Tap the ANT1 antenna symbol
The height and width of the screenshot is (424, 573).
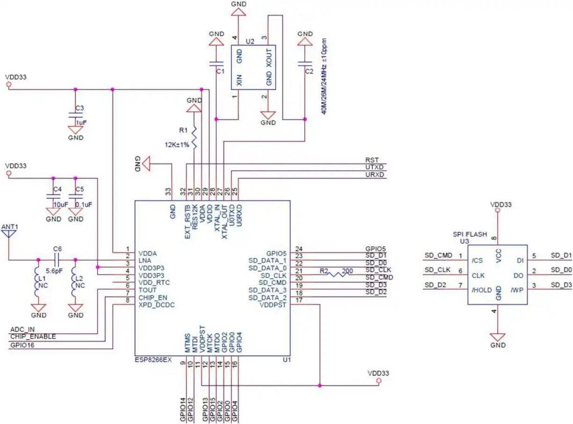coord(9,233)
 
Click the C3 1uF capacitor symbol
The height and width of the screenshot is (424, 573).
coord(75,115)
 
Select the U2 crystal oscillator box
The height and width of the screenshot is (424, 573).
coord(254,67)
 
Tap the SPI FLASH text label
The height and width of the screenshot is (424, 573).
coord(470,234)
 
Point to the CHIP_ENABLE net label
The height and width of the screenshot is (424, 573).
coord(33,336)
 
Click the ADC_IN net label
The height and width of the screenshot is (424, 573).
coord(23,329)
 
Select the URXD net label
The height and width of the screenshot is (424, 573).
coord(375,175)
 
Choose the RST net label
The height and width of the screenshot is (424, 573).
coord(372,160)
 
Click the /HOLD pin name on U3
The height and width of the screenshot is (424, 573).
coord(482,290)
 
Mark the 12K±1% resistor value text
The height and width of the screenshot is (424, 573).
coord(177,145)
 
